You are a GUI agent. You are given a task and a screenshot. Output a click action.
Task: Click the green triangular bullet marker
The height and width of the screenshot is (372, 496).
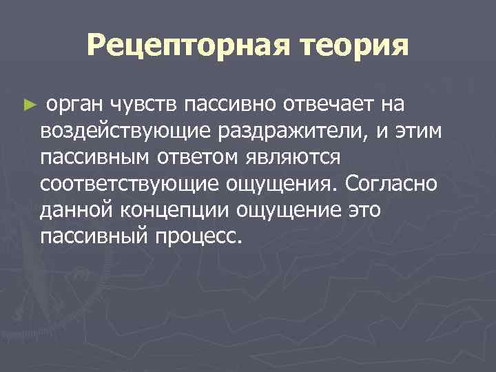[28, 106]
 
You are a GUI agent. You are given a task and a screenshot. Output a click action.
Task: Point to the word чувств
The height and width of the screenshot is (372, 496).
[143, 105]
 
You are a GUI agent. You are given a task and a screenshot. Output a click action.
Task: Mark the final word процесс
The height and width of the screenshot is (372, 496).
[205, 237]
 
